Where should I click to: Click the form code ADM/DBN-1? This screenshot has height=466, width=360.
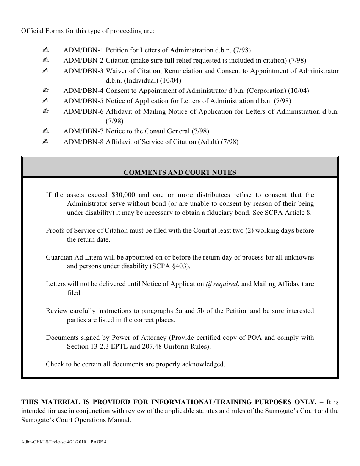coord(83,50)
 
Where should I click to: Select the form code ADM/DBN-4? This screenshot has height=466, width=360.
coord(83,91)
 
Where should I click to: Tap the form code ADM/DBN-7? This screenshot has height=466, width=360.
coord(83,131)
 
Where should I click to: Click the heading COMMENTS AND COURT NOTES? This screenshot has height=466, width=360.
coord(180,172)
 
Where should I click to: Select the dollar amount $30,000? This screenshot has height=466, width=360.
coord(123,195)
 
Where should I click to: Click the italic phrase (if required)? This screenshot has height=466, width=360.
coord(222,284)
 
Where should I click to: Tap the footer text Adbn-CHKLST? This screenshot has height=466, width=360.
coord(34,441)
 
